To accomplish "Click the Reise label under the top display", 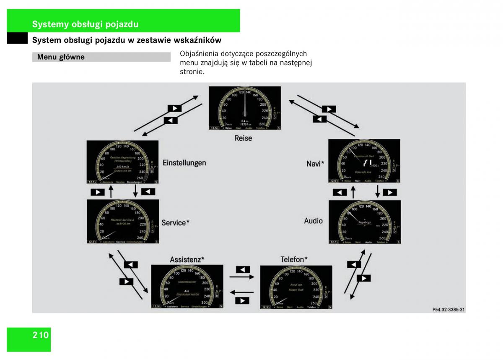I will [243, 138].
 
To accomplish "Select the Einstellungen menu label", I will [184, 163].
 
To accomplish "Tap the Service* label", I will [175, 222].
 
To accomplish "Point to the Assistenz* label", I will [187, 260].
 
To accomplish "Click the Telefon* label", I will [294, 260].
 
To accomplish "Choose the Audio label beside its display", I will [313, 221].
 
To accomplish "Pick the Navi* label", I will [315, 164].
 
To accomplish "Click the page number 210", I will [41, 335].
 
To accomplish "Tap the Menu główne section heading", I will [61, 57].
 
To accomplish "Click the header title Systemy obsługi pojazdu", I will [85, 24].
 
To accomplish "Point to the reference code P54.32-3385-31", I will [449, 310].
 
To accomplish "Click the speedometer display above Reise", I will [245, 108].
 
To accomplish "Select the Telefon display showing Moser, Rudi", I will [296, 287].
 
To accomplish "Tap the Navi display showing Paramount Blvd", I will [364, 161].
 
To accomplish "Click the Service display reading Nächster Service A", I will [123, 222].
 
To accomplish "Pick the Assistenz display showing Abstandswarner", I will [187, 287].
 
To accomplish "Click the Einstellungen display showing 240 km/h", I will [123, 162].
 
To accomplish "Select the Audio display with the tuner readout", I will [364, 222].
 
